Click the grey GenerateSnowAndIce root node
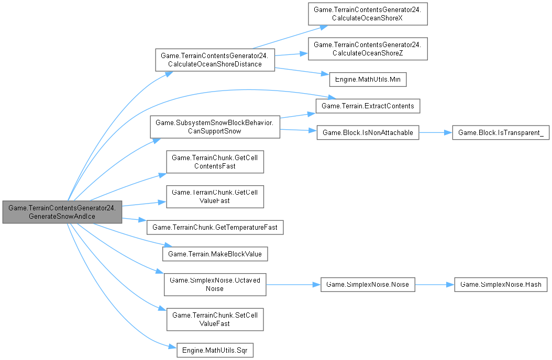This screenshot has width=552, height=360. pos(62,212)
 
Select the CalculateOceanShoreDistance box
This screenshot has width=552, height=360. pos(214,60)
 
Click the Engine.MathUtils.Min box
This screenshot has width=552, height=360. pos(368,79)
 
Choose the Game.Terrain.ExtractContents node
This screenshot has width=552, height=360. pos(368,106)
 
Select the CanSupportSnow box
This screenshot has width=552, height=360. pos(215,127)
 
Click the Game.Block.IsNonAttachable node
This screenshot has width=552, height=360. pos(368,133)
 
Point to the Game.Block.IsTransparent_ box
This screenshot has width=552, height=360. pos(501,133)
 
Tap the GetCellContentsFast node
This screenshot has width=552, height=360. pos(215,162)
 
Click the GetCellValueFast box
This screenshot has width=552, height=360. pos(215,197)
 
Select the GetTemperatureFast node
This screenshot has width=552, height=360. pos(215,227)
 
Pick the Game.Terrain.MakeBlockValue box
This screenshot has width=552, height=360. pos(215,254)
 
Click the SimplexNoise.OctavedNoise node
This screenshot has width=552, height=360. pos(215,285)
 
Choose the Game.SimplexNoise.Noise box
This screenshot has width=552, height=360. pos(368,285)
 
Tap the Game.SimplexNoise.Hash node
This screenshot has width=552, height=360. pos(501,285)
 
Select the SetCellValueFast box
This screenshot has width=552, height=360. pos(215,319)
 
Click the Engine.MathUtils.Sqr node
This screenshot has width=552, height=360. pos(215,350)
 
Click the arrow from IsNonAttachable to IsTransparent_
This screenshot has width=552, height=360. pos(435,133)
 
